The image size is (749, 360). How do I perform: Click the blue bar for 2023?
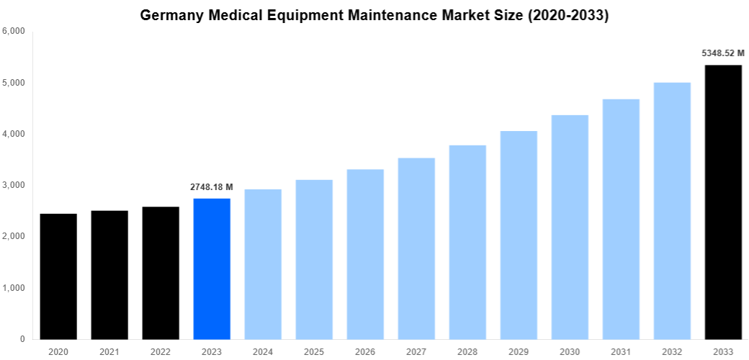click(x=212, y=269)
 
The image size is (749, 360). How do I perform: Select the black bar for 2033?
click(x=723, y=202)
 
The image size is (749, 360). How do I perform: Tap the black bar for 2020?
click(x=58, y=276)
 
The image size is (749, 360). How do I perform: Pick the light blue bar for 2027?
click(x=416, y=248)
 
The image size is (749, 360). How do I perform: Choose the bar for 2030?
click(x=570, y=227)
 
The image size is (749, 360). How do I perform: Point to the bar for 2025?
click(x=314, y=259)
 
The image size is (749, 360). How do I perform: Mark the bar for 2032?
click(x=672, y=211)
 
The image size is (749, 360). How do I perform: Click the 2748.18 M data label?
click(x=212, y=187)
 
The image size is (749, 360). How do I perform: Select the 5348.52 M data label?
click(x=723, y=53)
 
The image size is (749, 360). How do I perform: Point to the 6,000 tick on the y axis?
click(x=14, y=31)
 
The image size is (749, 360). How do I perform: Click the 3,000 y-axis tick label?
click(x=14, y=185)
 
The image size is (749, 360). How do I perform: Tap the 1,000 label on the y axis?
click(x=14, y=288)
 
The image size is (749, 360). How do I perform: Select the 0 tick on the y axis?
click(x=22, y=339)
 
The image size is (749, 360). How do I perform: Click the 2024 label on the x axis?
click(x=263, y=351)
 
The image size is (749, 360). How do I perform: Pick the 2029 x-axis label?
click(x=519, y=351)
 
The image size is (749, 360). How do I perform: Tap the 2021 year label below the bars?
click(x=109, y=351)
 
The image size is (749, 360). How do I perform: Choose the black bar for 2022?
click(x=161, y=273)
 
